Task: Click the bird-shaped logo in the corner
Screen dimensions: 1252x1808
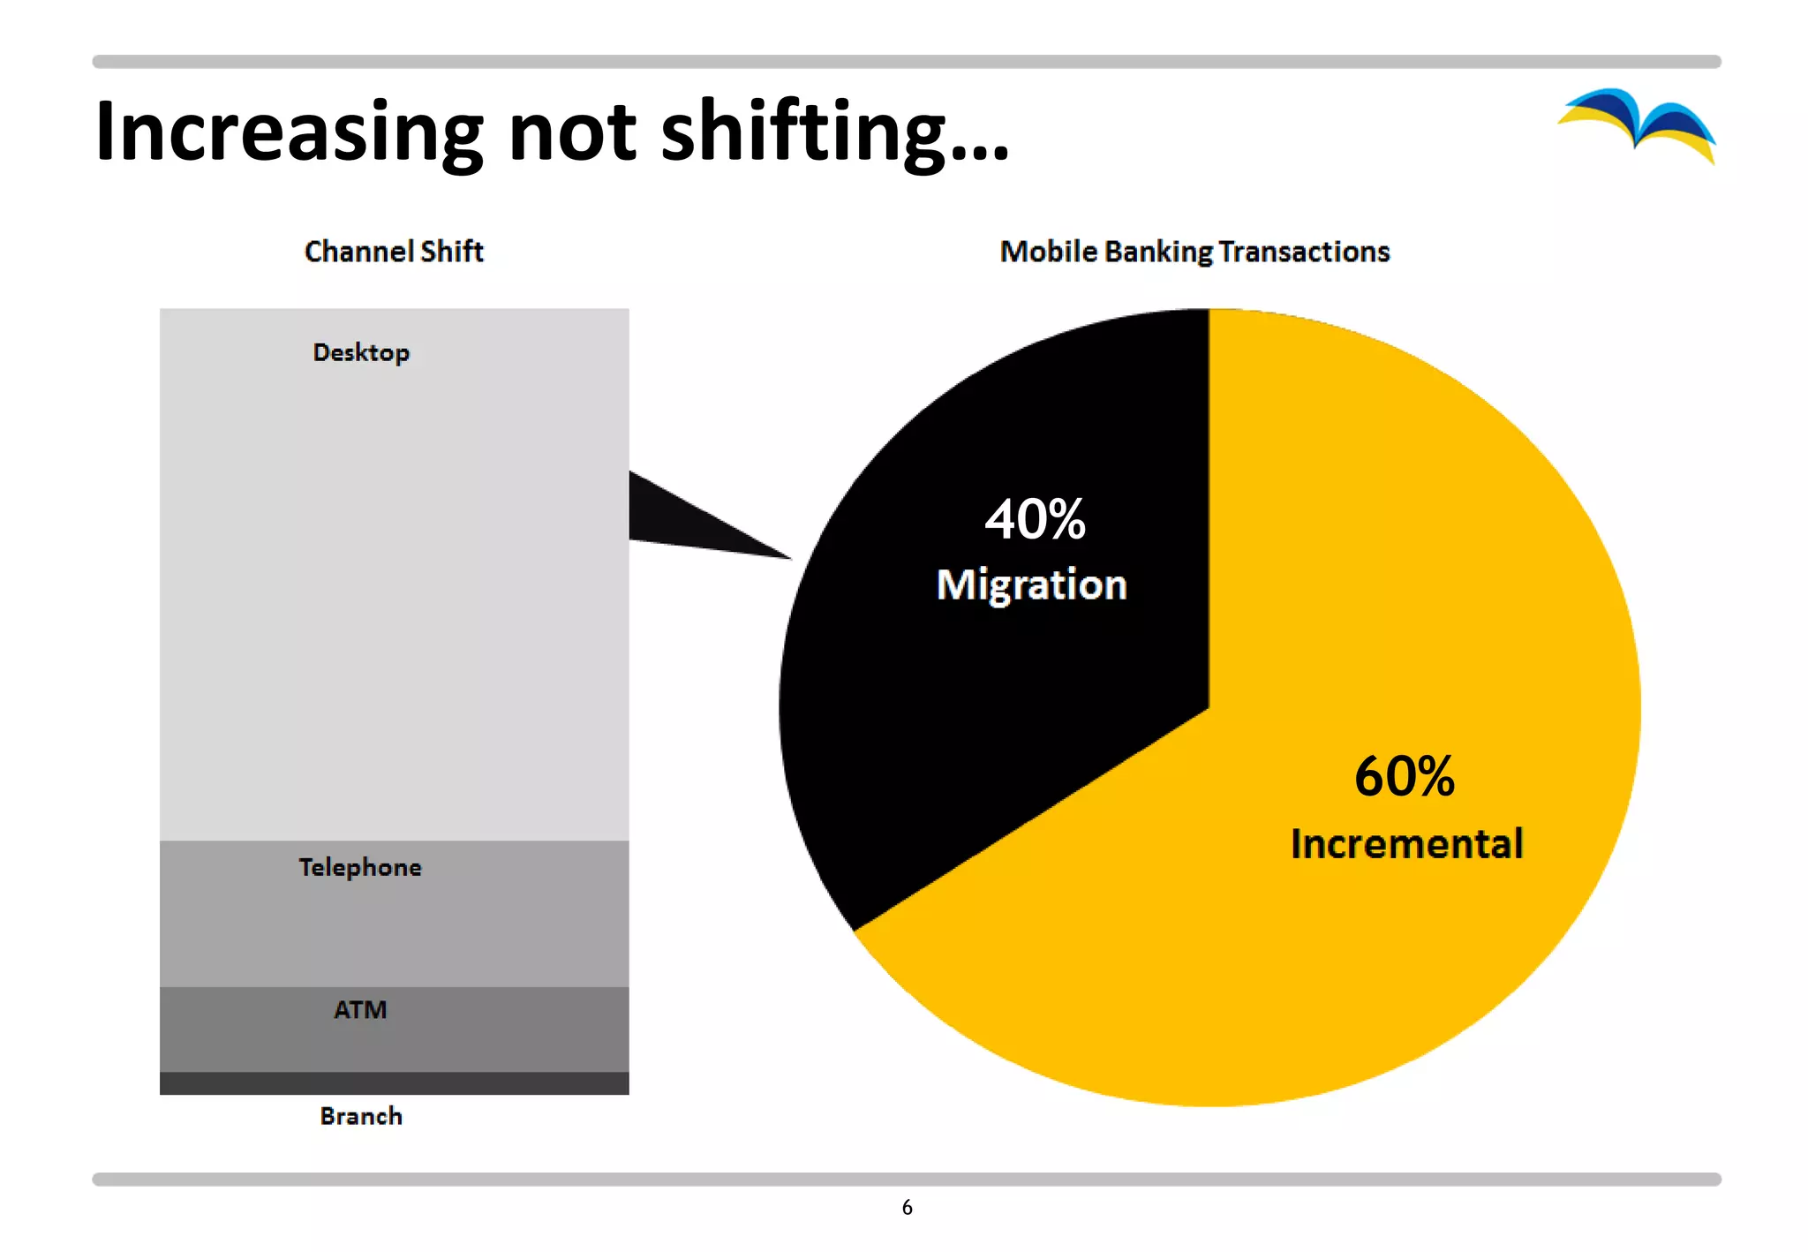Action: point(1637,124)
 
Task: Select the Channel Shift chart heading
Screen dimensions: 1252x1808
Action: point(394,252)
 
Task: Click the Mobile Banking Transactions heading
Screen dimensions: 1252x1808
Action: point(1194,252)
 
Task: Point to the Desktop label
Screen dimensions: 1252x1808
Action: point(361,352)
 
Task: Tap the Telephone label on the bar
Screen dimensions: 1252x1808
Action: point(360,867)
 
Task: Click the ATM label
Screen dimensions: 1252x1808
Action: point(360,1009)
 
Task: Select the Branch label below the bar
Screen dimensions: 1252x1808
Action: point(361,1116)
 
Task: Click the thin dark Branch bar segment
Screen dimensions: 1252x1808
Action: point(394,1083)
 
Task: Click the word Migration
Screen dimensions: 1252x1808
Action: point(1031,585)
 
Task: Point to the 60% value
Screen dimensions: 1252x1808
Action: point(1404,777)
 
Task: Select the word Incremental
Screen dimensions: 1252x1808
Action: point(1406,844)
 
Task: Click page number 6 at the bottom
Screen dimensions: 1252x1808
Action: point(907,1207)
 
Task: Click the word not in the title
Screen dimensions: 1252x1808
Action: point(572,132)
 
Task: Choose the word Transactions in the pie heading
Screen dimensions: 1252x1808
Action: point(1304,252)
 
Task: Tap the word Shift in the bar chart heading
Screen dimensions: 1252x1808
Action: point(452,252)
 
